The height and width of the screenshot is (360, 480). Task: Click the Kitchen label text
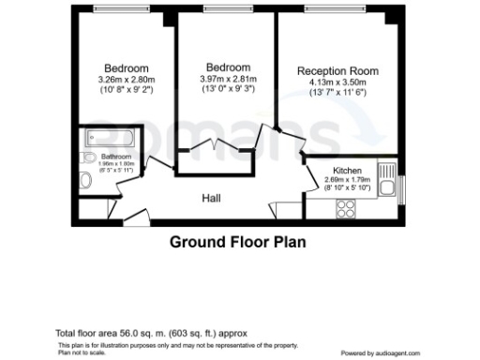(x=347, y=170)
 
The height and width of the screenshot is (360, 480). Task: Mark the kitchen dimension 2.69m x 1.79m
(x=347, y=180)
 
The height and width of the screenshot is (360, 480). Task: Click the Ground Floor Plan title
(x=237, y=241)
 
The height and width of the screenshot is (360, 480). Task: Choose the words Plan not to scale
(x=79, y=352)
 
